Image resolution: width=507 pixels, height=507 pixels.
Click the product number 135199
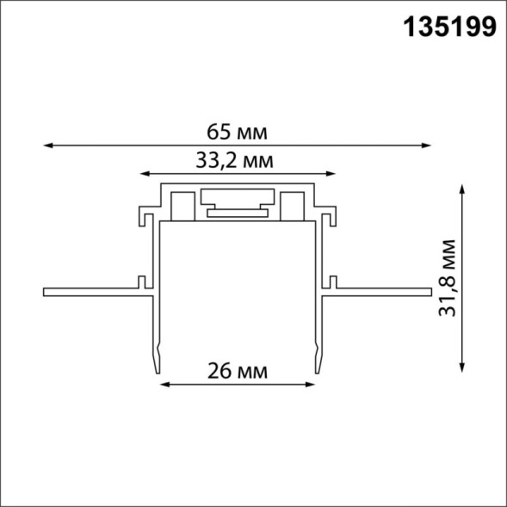[449, 28]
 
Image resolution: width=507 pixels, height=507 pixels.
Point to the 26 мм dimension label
[237, 372]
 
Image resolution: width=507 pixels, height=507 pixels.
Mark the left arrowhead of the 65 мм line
[46, 145]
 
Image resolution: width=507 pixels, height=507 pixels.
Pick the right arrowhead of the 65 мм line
[426, 145]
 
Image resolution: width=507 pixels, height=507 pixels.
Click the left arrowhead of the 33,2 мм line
[143, 171]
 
